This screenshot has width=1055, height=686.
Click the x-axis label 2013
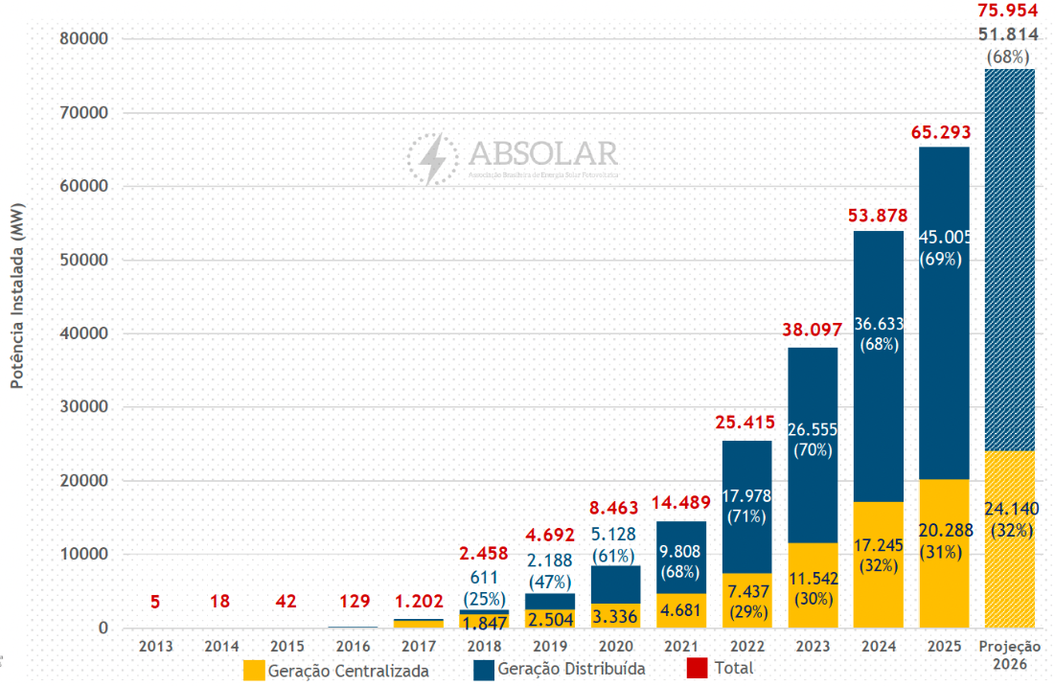pyautogui.click(x=156, y=647)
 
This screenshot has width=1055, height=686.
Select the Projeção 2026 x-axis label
pyautogui.click(x=1009, y=654)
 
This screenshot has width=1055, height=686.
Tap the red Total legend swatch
pyautogui.click(x=697, y=669)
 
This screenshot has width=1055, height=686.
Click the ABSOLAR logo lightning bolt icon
pyautogui.click(x=433, y=159)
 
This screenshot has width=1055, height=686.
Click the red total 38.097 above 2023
pyautogui.click(x=813, y=330)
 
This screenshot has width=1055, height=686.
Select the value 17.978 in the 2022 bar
pyautogui.click(x=746, y=496)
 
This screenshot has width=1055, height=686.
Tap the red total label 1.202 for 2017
pyautogui.click(x=419, y=602)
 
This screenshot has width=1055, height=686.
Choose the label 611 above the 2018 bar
pyautogui.click(x=484, y=577)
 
